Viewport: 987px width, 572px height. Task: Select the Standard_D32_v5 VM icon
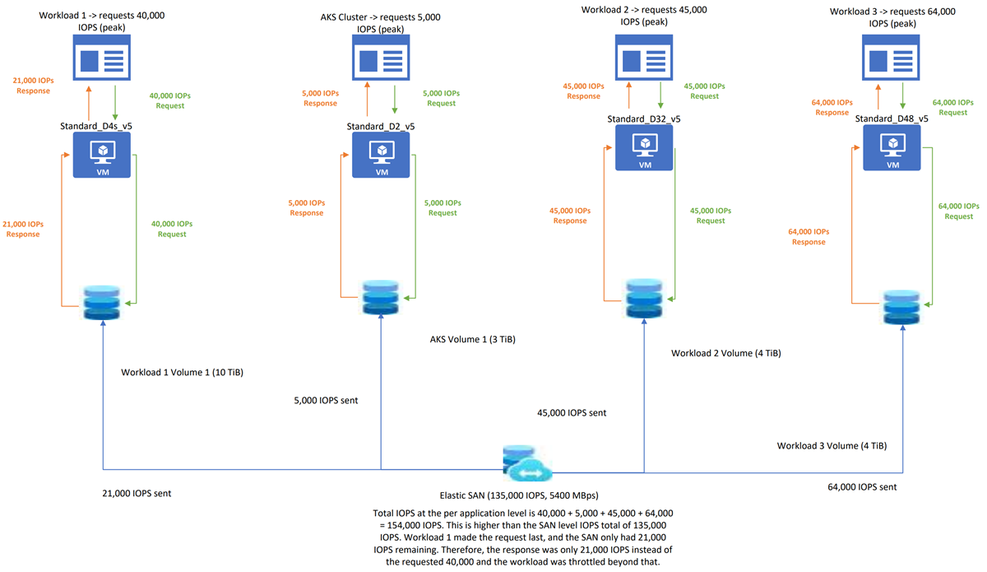coord(644,147)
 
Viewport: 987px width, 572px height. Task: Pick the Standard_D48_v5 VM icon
coord(892,148)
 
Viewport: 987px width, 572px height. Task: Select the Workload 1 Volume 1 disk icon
coord(102,304)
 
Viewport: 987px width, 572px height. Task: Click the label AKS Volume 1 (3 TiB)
coord(472,339)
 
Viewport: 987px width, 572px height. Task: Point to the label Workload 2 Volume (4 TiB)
coord(725,353)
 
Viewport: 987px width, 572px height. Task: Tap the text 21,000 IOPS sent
coord(136,493)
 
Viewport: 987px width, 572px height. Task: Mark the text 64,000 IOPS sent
coord(862,487)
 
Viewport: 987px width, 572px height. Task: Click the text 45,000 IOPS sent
coord(572,412)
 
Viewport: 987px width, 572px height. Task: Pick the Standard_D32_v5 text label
coord(644,119)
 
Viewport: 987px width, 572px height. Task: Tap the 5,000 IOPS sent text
coord(325,401)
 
